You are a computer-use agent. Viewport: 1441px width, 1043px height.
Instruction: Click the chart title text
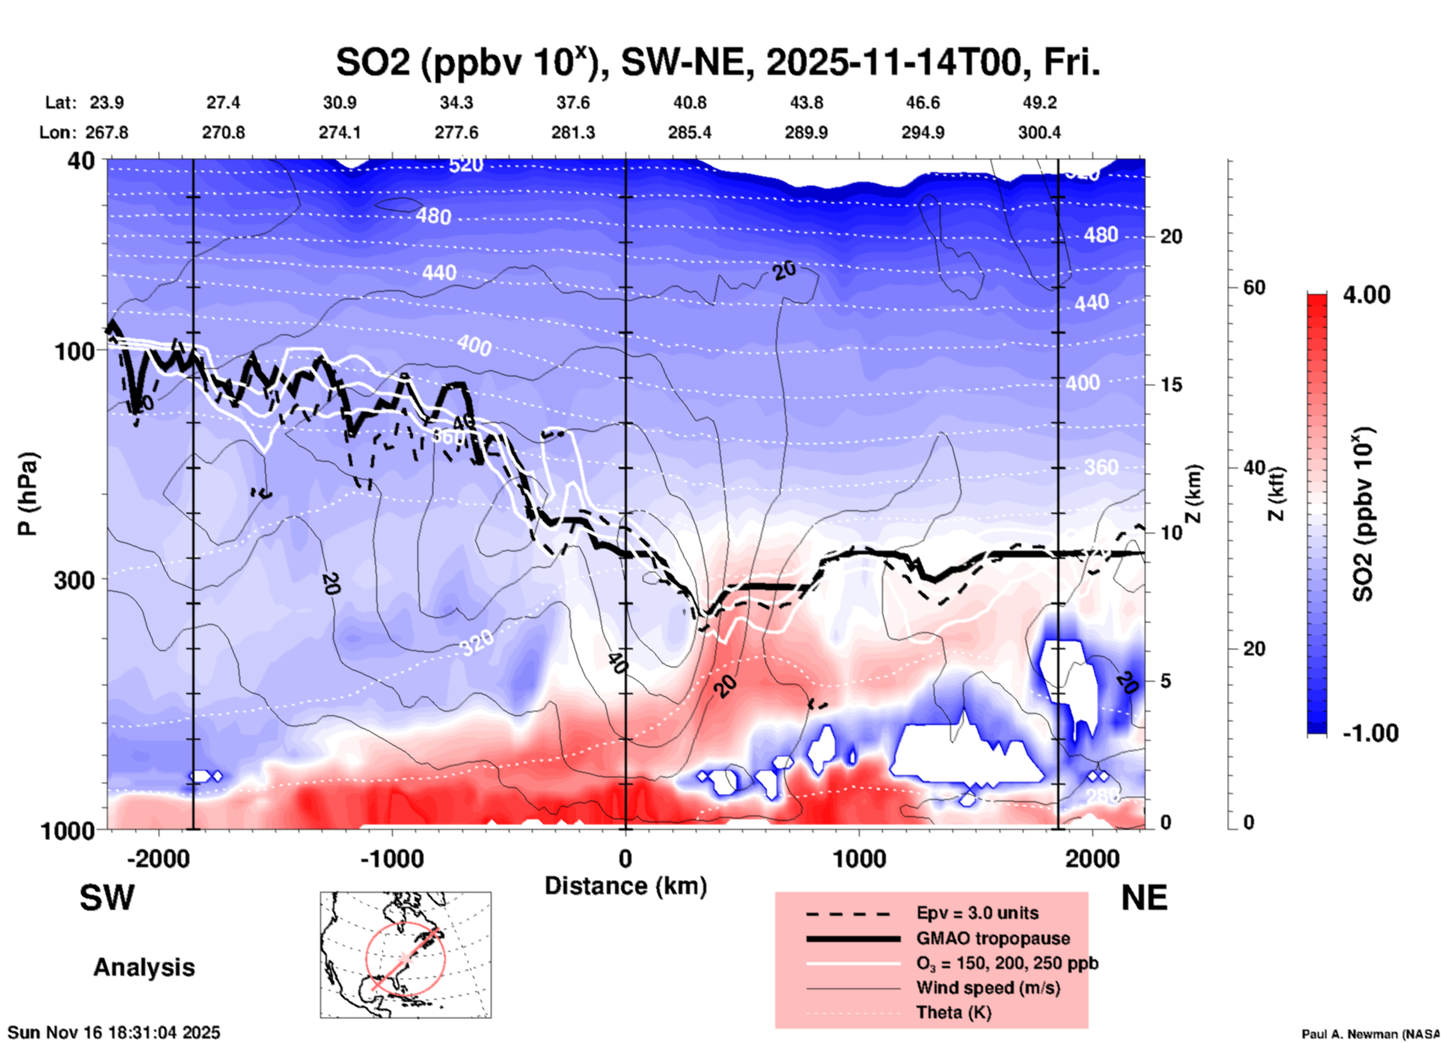pos(718,63)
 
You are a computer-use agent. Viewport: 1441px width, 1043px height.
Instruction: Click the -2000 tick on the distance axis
pos(158,858)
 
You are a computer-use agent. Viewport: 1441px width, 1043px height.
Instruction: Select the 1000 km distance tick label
pos(859,858)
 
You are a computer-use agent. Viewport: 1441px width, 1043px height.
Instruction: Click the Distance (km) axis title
pos(625,886)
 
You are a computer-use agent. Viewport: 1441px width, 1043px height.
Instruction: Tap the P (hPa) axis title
pos(28,494)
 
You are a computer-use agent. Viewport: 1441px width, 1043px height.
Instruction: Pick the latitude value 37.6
pos(572,103)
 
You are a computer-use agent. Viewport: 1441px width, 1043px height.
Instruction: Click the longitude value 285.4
pos(689,132)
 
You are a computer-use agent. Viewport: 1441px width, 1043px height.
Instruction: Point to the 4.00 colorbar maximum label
pos(1366,295)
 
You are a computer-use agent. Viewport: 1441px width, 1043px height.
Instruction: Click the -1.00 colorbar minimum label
pos(1370,733)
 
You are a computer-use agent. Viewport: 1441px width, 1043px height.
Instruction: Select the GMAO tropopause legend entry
pos(993,938)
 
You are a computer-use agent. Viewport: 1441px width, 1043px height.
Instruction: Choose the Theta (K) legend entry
pos(953,1012)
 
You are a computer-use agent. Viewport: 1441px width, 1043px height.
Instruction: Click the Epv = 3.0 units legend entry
pos(977,913)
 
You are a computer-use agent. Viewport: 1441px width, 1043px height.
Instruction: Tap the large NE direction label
pos(1144,898)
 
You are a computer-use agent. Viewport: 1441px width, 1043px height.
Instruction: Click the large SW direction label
pos(107,898)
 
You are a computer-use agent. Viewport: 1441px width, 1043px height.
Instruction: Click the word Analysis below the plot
pos(144,967)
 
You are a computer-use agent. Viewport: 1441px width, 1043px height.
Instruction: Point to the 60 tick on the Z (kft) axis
pos(1254,287)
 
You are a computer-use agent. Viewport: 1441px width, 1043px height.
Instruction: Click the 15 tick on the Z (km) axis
pos(1171,385)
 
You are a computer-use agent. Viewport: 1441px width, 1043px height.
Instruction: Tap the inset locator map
pos(406,955)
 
